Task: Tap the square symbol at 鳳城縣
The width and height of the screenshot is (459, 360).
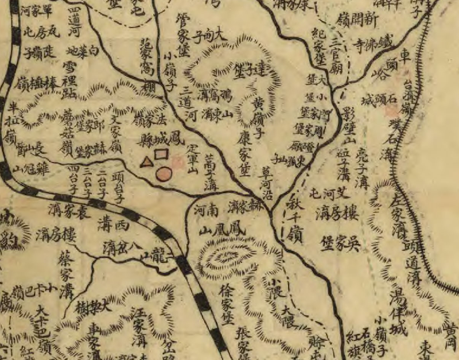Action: [x=161, y=154]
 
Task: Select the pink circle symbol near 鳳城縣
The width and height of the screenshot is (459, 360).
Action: [x=165, y=173]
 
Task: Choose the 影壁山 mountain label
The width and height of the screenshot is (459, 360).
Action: [x=349, y=125]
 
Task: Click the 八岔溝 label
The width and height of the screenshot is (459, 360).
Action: [x=122, y=247]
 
